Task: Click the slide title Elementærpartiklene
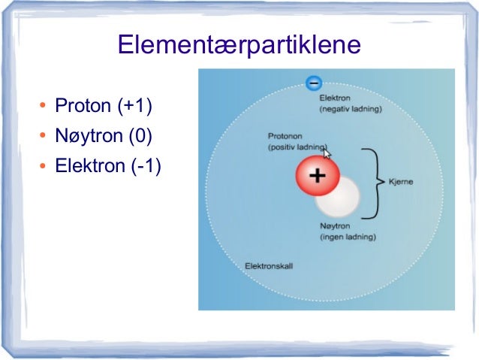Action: pos(239,46)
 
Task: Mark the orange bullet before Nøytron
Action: pos(43,137)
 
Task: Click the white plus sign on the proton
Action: pos(317,177)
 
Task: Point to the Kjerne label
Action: pos(401,182)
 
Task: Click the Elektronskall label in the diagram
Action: pos(269,266)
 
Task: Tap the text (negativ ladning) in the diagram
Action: pos(351,109)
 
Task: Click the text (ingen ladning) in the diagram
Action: pos(348,237)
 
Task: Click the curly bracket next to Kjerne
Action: pos(371,182)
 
